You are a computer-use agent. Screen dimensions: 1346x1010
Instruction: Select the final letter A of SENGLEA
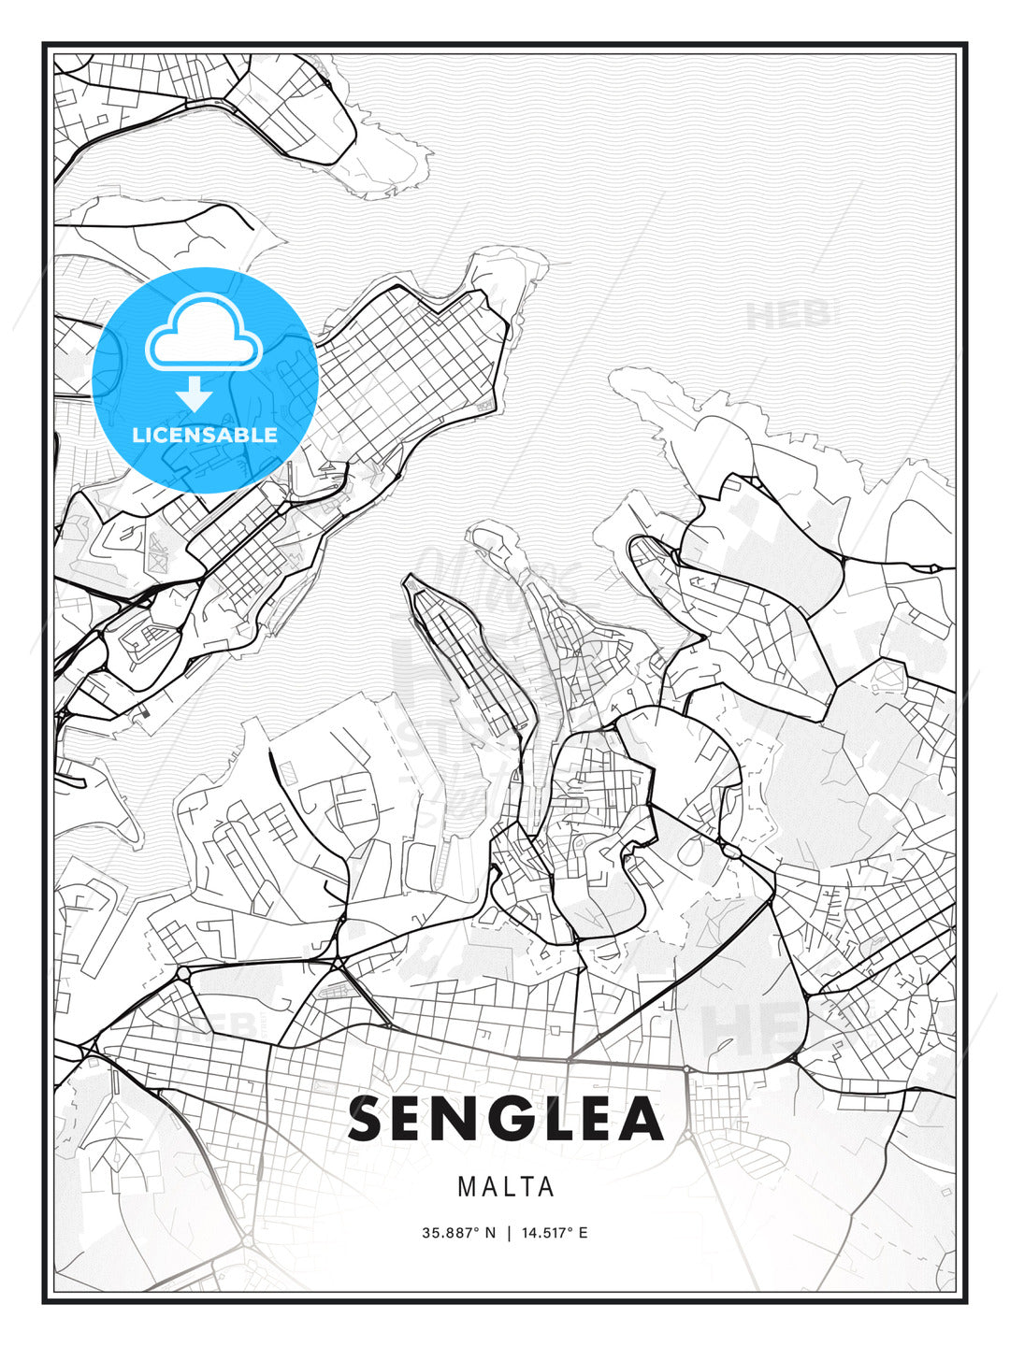click(x=642, y=1119)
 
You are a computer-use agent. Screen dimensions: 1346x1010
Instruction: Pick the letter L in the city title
click(x=552, y=1119)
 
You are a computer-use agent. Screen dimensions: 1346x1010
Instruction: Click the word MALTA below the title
click(x=506, y=1187)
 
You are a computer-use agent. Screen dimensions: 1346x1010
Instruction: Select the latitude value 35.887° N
click(x=459, y=1233)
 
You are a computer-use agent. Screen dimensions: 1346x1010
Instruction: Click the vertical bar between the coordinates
click(x=509, y=1233)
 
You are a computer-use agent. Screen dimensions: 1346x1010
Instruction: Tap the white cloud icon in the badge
click(x=203, y=334)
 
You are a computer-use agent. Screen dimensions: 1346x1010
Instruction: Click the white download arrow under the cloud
click(x=195, y=394)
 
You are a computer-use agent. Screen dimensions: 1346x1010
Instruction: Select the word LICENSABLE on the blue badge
click(x=205, y=435)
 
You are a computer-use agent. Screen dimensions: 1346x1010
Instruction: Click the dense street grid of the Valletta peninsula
click(x=411, y=355)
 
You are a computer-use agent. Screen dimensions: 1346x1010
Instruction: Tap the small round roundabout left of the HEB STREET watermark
click(x=183, y=973)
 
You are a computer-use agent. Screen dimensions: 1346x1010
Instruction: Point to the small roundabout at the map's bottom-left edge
click(x=247, y=1240)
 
